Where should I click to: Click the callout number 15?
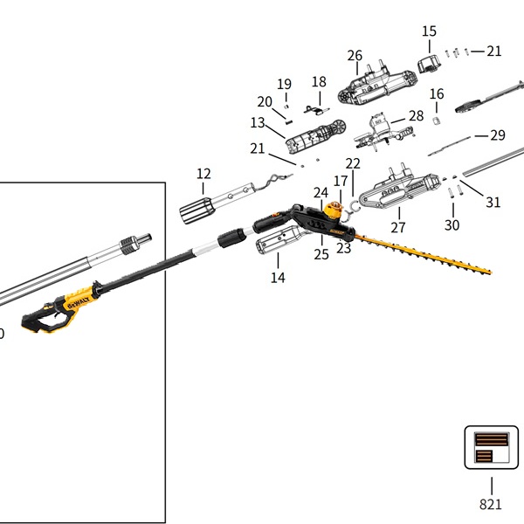coord(429,31)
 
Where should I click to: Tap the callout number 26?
coord(355,56)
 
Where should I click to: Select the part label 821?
coord(491,504)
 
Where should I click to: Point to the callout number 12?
coord(203,174)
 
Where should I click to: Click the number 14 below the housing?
coord(278,278)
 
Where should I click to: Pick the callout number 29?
coord(498,135)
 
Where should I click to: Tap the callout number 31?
coord(493,203)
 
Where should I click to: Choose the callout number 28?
coord(416,116)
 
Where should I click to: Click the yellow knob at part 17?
coord(333,210)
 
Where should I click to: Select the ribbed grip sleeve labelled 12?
coord(196,210)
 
